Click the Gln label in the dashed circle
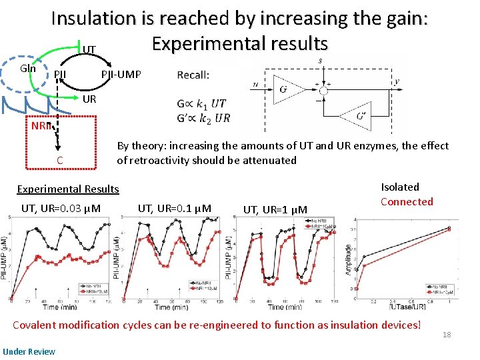27,68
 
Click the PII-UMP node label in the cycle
121,74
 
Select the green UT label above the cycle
89,49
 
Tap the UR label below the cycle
89,99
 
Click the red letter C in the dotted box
60,160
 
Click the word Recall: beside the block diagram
193,75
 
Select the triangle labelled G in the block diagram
284,89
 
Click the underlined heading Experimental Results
68,189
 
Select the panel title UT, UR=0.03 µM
61,209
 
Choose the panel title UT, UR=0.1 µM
174,209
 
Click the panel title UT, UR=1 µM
275,210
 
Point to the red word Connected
407,201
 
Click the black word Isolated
400,187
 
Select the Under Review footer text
25,351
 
